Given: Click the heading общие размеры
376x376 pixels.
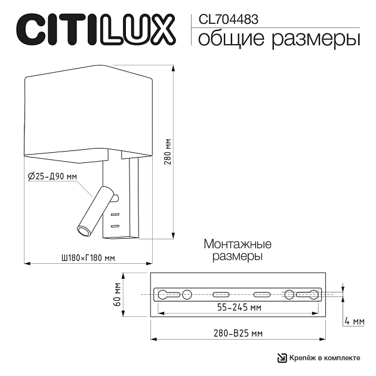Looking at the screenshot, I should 278,39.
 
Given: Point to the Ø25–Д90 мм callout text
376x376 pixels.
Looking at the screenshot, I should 53,176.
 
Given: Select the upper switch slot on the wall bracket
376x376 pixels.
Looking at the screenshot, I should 115,214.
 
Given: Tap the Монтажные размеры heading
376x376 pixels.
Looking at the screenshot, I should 238,250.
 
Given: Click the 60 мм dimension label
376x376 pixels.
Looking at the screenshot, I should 118,294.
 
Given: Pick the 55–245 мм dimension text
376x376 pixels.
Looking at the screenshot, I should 239,308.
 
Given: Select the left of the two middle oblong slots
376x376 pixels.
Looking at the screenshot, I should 220,294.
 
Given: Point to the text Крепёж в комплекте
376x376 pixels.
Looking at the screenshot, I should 326,357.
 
